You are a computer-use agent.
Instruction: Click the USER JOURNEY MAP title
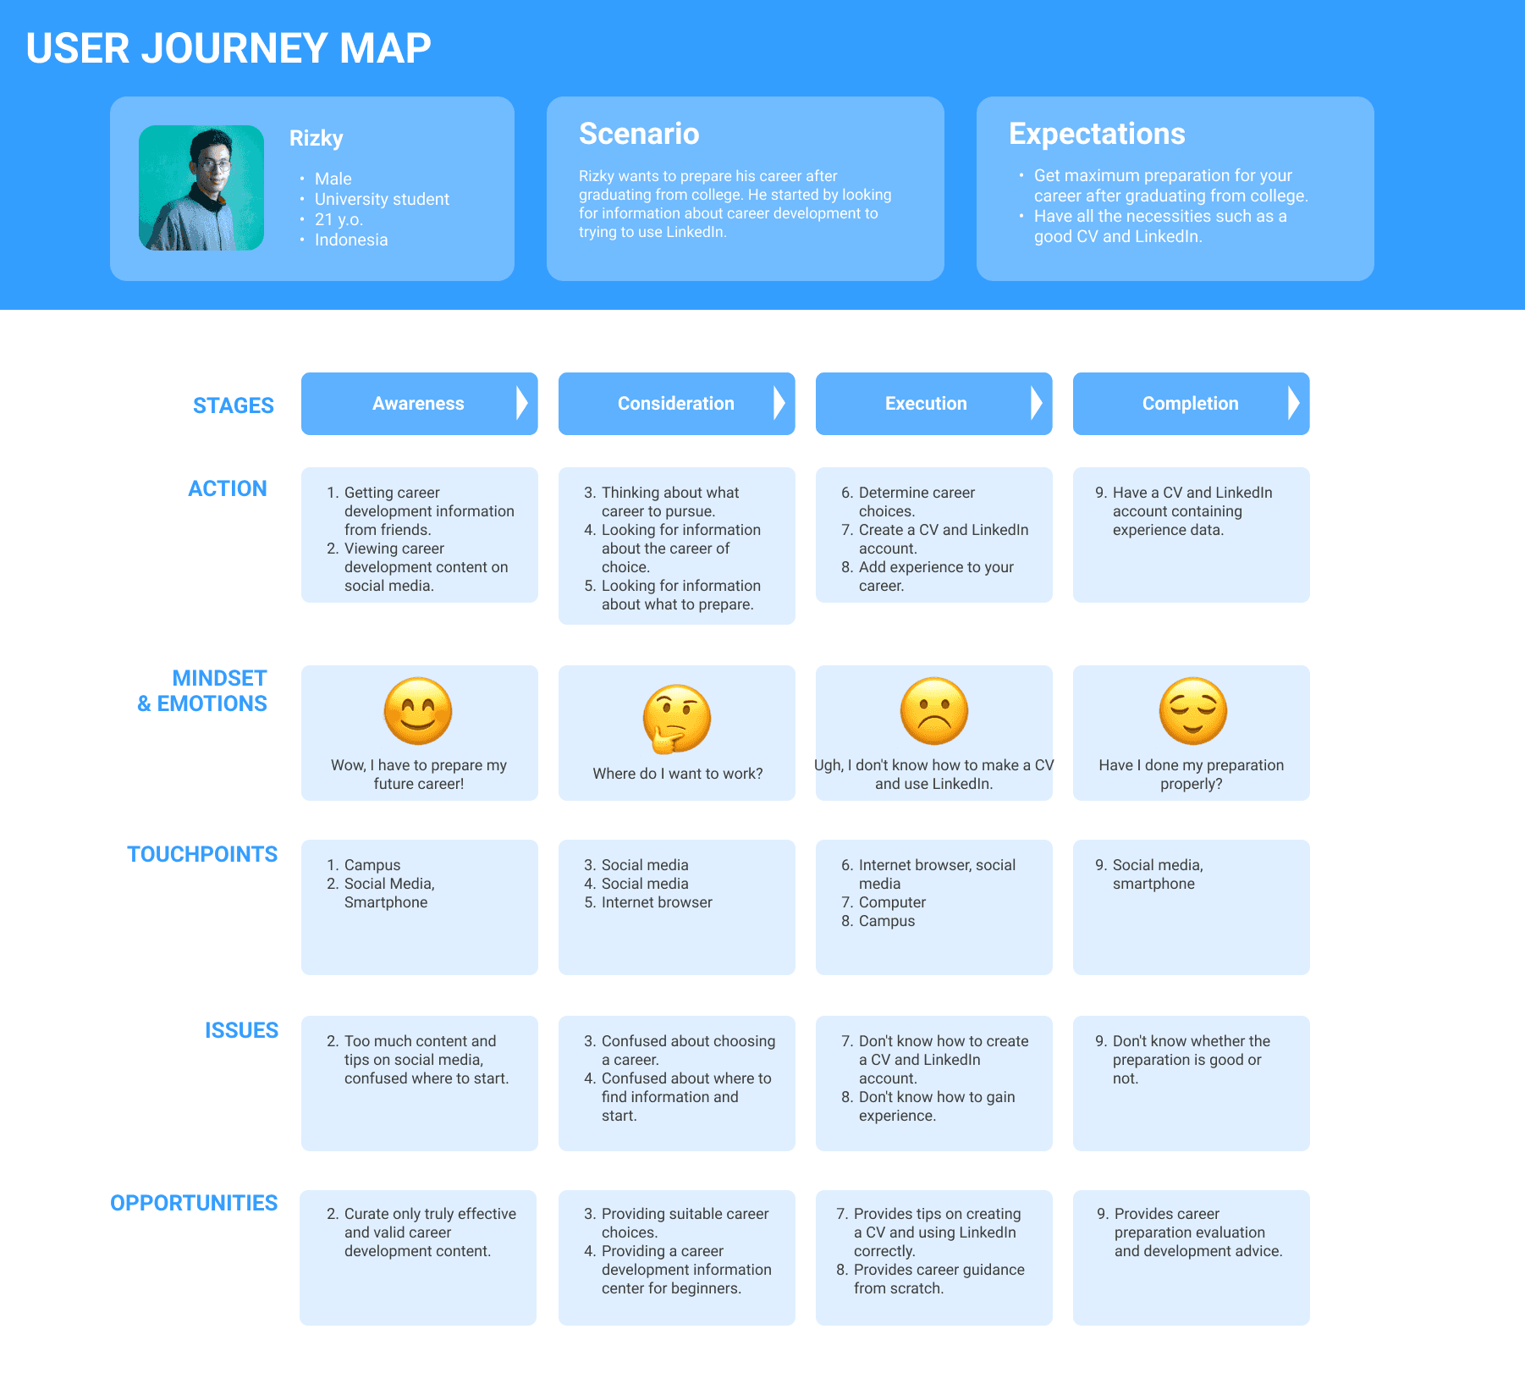pos(228,48)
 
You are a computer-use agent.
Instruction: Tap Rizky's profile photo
pos(201,188)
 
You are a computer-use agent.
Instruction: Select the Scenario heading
pos(639,134)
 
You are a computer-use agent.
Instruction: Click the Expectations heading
pos(1097,134)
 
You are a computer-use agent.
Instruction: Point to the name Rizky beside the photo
pos(317,138)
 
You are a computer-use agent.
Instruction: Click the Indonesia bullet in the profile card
pos(351,240)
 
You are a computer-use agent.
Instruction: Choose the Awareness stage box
pos(418,404)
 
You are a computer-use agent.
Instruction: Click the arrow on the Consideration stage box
pos(779,404)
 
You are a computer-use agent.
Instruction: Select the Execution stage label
pos(926,404)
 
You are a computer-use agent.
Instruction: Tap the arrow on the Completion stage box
pos(1293,404)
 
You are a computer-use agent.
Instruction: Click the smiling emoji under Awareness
pos(418,711)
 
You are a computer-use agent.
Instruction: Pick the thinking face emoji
pos(676,719)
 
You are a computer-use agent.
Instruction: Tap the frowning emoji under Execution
pos(934,711)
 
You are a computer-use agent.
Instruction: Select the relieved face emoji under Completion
pos(1192,711)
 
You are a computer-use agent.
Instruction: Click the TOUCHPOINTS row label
pos(202,854)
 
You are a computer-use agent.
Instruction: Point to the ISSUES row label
pos(241,1030)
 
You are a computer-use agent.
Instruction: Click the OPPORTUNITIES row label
pos(194,1203)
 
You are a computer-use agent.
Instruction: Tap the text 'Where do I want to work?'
pos(678,774)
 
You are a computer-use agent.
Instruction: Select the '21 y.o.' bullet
pos(339,219)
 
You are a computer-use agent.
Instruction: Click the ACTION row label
pos(228,488)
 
